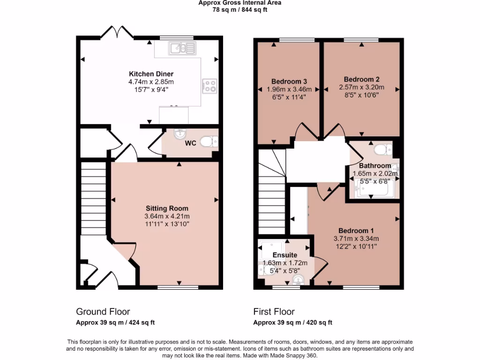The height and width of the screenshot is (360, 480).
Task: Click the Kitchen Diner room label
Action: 151,74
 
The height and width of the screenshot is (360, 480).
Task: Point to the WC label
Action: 190,143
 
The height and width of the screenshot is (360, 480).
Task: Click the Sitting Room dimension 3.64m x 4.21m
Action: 167,216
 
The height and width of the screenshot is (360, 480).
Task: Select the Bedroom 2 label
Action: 361,79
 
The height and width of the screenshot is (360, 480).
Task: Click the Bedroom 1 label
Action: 356,231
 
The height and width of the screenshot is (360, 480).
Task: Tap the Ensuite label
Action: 285,255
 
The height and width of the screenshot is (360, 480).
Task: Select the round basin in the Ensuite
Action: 298,280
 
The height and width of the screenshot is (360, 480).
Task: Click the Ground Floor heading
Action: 103,312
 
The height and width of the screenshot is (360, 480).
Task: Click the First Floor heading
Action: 274,312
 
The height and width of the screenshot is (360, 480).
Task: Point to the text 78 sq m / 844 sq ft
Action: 240,9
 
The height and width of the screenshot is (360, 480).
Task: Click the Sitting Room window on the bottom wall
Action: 171,286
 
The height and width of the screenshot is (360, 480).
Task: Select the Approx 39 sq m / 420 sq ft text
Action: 292,322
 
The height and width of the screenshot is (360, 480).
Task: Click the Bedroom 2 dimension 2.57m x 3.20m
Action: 361,87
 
